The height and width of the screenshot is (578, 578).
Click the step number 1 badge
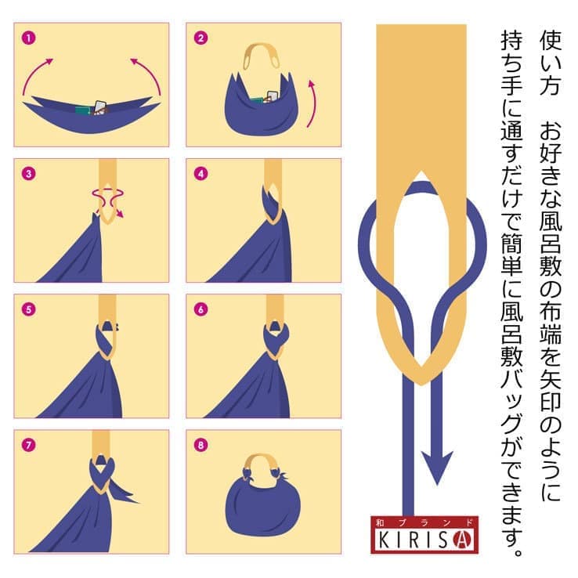tap(29, 38)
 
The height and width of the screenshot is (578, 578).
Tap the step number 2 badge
tap(201, 38)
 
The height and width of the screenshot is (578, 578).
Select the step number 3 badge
tap(29, 174)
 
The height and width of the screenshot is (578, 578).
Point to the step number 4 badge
tap(201, 174)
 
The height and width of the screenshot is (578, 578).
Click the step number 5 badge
tap(29, 309)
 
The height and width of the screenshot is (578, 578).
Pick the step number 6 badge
tap(201, 309)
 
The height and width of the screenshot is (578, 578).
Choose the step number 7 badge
tap(29, 445)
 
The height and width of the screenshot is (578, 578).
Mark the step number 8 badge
tap(201, 445)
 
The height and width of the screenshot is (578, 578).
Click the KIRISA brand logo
tap(424, 534)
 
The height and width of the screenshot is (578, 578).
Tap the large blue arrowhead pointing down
tap(437, 466)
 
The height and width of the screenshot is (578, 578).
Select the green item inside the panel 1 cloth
tap(84, 110)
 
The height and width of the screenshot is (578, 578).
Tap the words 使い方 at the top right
tap(551, 63)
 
